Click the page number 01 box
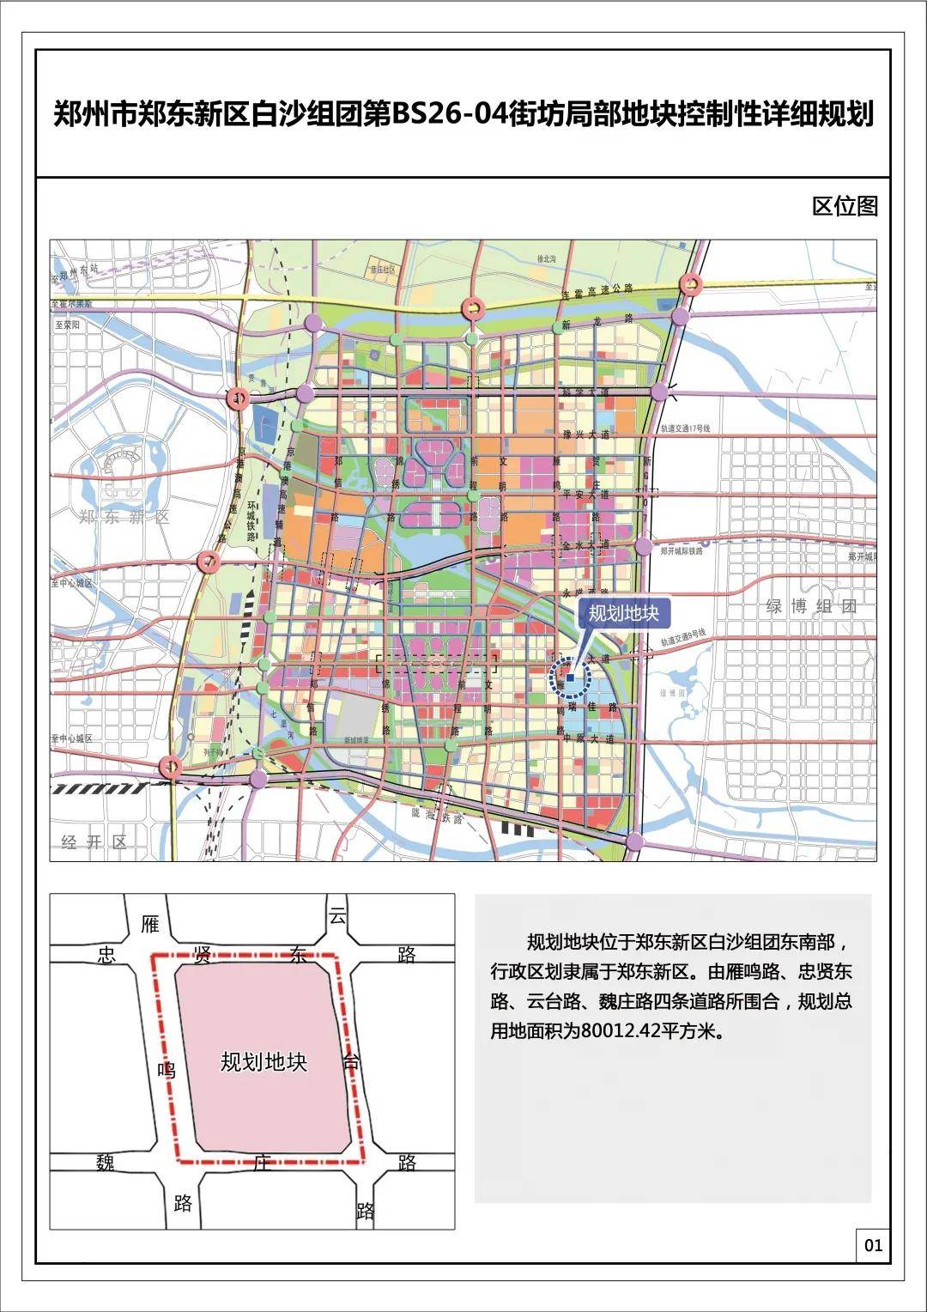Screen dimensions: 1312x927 coord(873,1245)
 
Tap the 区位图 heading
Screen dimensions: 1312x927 coord(845,206)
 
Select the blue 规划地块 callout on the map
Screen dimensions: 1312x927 coord(623,613)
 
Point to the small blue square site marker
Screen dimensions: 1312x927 coord(570,677)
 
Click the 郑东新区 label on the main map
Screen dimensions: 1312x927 coord(124,517)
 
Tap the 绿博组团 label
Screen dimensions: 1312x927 coord(811,606)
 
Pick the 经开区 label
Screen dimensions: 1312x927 coord(94,842)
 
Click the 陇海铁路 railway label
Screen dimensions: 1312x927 coord(437,816)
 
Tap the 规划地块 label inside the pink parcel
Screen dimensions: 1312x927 coord(264,1062)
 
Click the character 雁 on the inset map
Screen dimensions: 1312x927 coord(150,924)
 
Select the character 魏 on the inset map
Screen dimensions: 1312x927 coord(106,1163)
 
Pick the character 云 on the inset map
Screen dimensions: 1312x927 coord(337,915)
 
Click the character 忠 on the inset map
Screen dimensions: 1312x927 coord(106,955)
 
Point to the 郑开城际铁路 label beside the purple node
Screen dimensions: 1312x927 coord(682,551)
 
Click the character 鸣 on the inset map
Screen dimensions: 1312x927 coord(167,1070)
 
